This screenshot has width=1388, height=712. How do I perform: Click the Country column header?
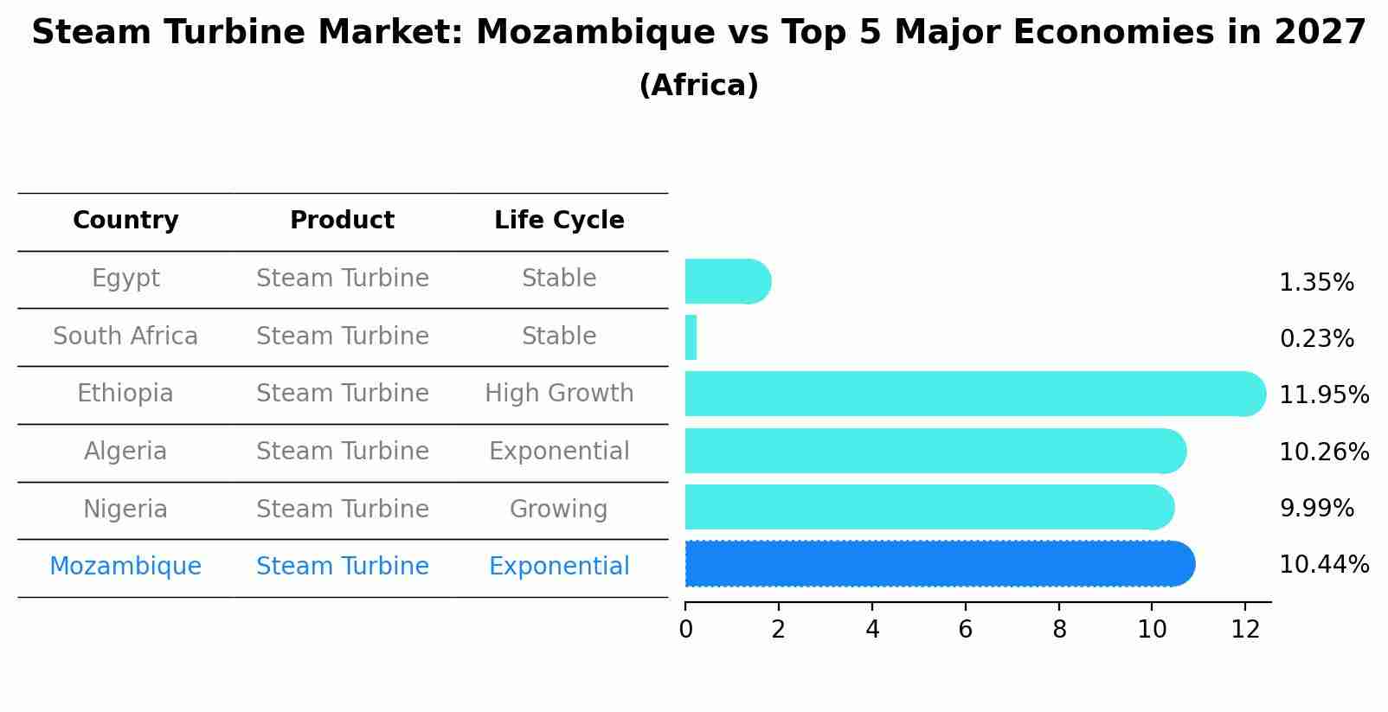[x=125, y=221]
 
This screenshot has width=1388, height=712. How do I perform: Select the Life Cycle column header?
[x=559, y=221]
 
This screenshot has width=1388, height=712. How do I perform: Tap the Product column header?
[x=342, y=221]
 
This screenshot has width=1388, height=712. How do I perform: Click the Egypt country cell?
[x=125, y=279]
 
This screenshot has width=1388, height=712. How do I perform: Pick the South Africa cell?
[x=125, y=336]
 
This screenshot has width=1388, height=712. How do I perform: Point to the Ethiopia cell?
[x=125, y=394]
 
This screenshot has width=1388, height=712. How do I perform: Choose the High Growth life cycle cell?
[x=559, y=394]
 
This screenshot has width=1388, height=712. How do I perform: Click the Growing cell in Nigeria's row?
[x=559, y=509]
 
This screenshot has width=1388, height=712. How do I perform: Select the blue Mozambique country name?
[x=125, y=567]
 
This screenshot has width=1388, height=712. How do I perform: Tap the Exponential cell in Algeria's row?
[x=559, y=452]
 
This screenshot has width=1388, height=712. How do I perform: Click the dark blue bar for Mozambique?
[x=939, y=564]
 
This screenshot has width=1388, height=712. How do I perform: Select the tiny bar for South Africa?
[x=691, y=337]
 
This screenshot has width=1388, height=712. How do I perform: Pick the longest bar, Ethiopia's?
[x=974, y=394]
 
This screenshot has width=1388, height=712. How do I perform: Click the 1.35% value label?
[x=1316, y=283]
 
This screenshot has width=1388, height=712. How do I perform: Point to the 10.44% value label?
[x=1324, y=565]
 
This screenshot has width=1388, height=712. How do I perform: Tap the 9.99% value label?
[x=1316, y=509]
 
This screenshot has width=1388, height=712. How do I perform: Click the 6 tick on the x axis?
[x=966, y=629]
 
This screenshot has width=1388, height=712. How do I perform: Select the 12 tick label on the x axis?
[x=1245, y=629]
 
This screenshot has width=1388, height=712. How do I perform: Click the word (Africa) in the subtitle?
[x=698, y=86]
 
